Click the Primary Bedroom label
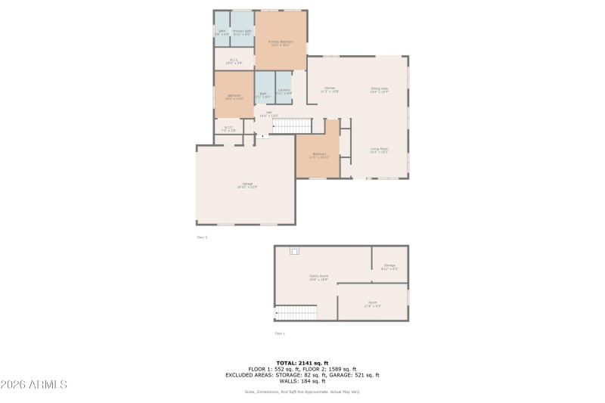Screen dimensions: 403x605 pos(281,43)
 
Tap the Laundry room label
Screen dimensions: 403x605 pos(284,91)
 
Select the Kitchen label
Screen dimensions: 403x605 pos(330,90)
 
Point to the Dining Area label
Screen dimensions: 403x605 pos(379,90)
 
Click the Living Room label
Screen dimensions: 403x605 pos(379,150)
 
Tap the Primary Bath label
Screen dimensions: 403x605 pos(242,33)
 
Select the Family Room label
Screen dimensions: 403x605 pos(318,277)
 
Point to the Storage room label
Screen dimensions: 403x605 pos(389,266)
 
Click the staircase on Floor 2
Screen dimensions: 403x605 pos(292,126)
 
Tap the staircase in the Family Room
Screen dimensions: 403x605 pos(296,312)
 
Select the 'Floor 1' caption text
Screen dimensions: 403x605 pos(280,333)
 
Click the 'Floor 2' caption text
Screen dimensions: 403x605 pos(201,237)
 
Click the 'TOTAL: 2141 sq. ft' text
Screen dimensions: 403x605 pos(302,363)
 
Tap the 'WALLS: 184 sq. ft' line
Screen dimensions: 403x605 pos(302,380)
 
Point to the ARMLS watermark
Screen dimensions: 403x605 pos(34,384)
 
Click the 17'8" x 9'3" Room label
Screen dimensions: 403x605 pos(373,304)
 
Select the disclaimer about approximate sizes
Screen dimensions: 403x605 pos(302,392)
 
